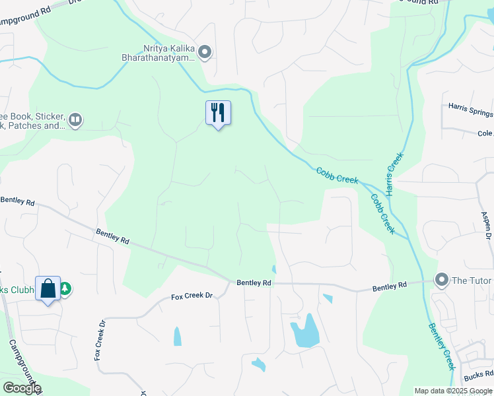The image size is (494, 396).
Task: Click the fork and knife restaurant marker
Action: click(218, 113)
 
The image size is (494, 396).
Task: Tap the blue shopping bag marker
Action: click(48, 288)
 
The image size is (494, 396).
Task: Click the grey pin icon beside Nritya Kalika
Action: click(205, 51)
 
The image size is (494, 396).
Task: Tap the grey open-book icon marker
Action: click(75, 119)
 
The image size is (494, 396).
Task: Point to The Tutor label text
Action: click(472, 280)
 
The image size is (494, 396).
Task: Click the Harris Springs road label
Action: click(470, 106)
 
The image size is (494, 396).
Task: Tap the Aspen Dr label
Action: click(486, 224)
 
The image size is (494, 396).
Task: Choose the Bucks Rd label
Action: click(477, 376)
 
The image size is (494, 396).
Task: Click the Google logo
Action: click(21, 388)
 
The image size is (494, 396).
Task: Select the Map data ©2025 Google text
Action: click(454, 391)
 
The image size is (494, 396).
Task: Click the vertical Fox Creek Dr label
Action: click(100, 340)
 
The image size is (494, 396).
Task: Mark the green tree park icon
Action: click(65, 288)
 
